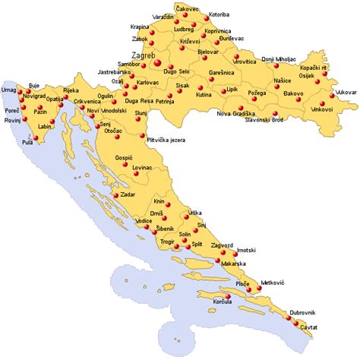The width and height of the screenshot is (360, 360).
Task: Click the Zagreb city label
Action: (x=144, y=56)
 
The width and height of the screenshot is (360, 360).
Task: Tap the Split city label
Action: (x=196, y=245)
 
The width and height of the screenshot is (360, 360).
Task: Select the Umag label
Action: (x=9, y=90)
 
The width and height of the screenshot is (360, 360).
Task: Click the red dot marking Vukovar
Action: (x=334, y=96)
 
